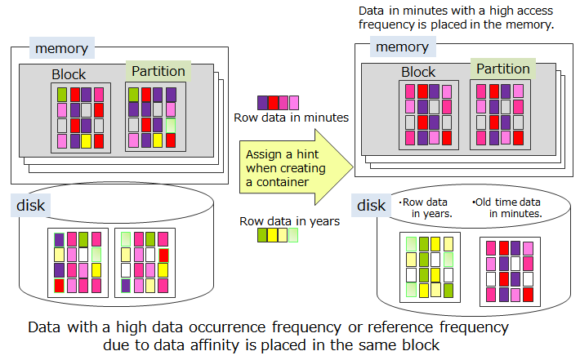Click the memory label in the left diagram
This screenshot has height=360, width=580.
(60, 48)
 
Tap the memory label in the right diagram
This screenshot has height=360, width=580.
(401, 47)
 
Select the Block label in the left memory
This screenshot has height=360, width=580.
(69, 74)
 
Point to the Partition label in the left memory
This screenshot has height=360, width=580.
(158, 71)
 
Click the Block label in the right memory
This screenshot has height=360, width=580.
(418, 72)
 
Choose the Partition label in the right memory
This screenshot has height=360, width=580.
(502, 69)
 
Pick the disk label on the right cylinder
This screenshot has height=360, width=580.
(371, 205)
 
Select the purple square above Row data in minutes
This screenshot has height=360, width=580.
(263, 103)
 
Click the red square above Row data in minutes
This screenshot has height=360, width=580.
(273, 103)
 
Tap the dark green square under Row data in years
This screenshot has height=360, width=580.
(262, 235)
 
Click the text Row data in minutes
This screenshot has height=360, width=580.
(291, 118)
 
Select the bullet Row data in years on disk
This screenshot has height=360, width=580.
(427, 207)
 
